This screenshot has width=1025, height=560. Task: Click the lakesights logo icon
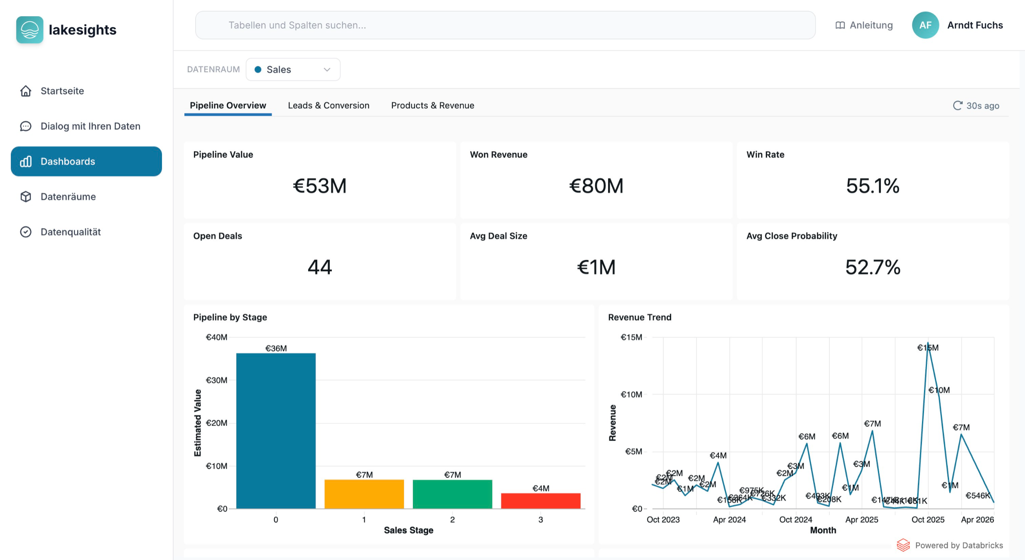pos(29,29)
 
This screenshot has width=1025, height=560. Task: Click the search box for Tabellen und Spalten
pos(505,25)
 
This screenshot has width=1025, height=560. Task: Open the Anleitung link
pos(864,25)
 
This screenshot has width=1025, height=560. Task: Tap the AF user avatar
pos(925,25)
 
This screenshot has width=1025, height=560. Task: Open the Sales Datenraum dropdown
pos(293,69)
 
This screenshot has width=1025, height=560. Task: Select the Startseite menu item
pos(62,91)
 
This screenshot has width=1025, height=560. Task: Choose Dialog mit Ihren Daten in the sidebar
pos(90,126)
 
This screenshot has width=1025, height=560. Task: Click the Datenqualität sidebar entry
pos(71,232)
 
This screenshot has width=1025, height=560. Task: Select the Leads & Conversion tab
pos(329,105)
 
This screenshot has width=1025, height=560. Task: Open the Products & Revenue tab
pos(432,105)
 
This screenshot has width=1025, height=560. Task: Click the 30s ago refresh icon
pos(957,105)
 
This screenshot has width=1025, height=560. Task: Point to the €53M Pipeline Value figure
pos(319,186)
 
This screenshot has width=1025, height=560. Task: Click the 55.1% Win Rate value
pos(873,186)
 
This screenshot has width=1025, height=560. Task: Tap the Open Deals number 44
pos(319,267)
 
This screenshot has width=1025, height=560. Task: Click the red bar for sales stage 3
pos(540,501)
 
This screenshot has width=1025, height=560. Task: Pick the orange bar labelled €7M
pos(364,494)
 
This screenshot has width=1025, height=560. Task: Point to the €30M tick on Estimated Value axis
pos(216,380)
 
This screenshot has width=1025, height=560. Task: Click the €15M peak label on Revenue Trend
pos(927,348)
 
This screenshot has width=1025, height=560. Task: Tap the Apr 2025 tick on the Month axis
pos(861,520)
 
